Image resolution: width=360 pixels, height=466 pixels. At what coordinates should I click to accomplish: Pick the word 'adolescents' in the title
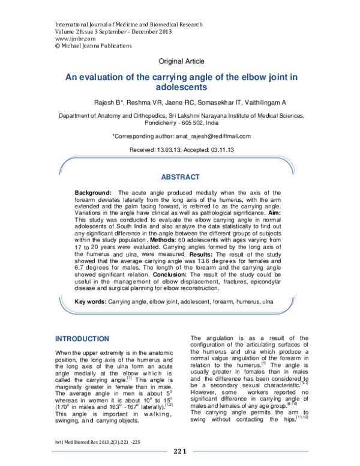coord(181,87)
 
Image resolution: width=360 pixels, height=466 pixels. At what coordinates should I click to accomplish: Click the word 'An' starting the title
coord(70,77)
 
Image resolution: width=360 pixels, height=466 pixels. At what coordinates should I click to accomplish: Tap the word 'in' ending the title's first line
coord(294,77)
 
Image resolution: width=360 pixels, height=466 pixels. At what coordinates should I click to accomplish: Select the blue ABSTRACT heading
coord(181,177)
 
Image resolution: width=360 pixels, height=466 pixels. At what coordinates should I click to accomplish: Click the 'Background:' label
coord(93,193)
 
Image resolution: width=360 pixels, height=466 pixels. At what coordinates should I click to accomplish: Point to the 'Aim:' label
coord(275,213)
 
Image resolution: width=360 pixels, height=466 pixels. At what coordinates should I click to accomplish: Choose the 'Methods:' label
coord(163,240)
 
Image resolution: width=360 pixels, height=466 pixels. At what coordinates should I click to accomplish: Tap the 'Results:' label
coord(201,255)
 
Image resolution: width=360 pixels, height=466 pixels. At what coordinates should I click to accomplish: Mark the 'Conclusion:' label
coord(170,274)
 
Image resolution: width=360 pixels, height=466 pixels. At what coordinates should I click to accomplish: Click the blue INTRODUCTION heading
coord(82,339)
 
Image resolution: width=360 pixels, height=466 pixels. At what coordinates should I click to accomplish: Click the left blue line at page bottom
coord(109,450)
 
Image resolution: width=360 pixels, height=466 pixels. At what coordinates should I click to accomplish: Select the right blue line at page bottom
coord(250,450)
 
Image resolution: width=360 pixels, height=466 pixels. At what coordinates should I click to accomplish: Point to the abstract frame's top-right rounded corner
coord(289,164)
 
